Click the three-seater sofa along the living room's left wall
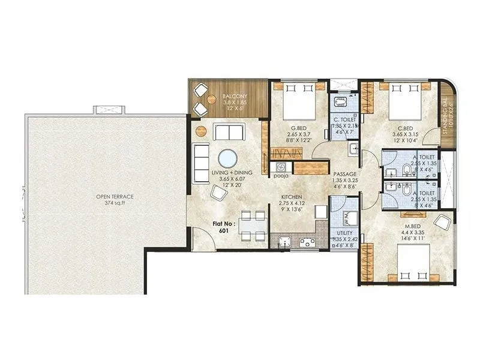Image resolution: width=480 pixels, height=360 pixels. [201, 157]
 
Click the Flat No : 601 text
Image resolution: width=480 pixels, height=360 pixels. [221, 226]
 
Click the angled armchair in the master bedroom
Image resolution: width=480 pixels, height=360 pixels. [444, 223]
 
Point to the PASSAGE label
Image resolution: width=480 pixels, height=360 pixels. [344, 173]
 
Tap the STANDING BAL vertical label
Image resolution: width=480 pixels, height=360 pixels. [446, 121]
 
